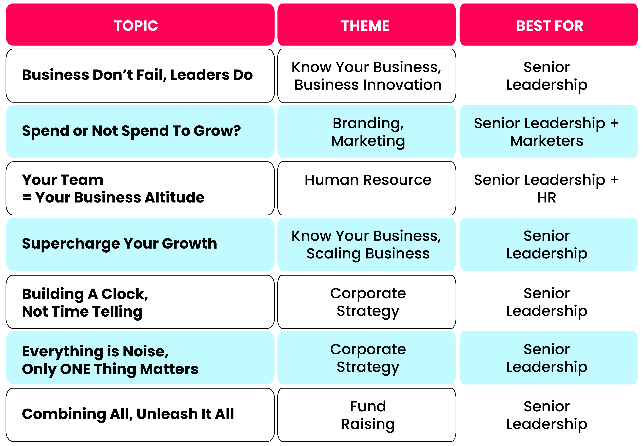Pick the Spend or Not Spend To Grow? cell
click(x=140, y=132)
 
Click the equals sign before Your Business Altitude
click(x=27, y=198)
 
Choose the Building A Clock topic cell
click(x=140, y=302)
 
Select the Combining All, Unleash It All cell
click(x=140, y=415)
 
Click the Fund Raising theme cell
click(x=366, y=415)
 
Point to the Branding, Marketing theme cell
click(x=366, y=132)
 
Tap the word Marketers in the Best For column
click(x=547, y=141)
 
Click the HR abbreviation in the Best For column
click(x=547, y=198)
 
